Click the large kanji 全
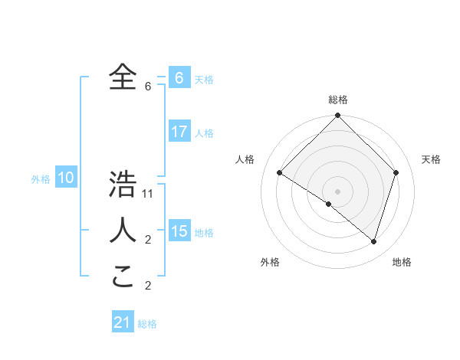123,77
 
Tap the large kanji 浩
123,185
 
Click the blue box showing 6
179,78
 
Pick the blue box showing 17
179,132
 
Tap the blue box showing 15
179,231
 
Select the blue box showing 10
66,178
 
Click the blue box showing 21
123,322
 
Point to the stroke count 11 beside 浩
148,194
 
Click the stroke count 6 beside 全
147,86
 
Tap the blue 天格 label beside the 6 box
204,79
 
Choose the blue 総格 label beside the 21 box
147,324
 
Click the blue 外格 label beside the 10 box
41,179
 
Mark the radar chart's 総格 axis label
337,100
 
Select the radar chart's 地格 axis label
402,262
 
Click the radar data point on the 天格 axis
396,172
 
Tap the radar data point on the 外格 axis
329,204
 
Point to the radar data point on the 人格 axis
279,172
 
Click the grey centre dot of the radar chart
337,191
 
